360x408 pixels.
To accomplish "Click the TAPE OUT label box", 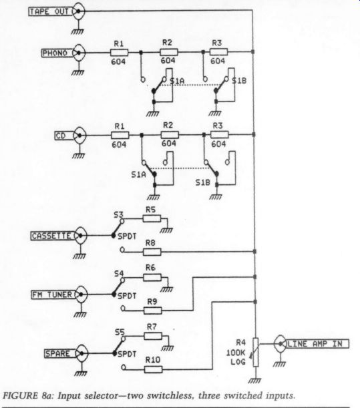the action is [50, 12].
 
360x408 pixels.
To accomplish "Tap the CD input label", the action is [63, 136].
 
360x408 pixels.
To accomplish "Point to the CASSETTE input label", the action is [52, 236].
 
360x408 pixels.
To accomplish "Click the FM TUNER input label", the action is [53, 294].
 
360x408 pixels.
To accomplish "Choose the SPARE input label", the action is [59, 353].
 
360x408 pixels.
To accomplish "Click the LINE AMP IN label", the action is [317, 344].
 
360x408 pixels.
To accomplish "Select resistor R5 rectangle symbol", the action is [152, 218].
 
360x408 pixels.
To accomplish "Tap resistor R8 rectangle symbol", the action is [152, 252].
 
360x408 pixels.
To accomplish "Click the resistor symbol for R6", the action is [152, 277].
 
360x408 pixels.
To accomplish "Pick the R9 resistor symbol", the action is [152, 311].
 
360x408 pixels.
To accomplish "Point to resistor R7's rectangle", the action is [153, 336].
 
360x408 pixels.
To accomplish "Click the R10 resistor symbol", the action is [154, 369].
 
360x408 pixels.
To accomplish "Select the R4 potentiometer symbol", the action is [256, 353].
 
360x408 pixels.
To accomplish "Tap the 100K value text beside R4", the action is [236, 353].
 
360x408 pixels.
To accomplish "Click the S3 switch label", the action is [118, 214].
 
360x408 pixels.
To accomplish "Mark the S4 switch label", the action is [119, 274].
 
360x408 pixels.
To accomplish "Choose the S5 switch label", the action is [120, 333].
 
